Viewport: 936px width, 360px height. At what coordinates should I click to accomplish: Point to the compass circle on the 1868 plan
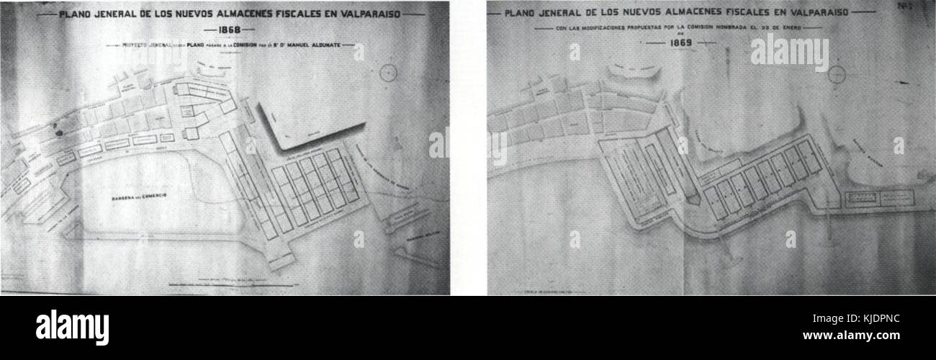[x=390, y=72]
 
